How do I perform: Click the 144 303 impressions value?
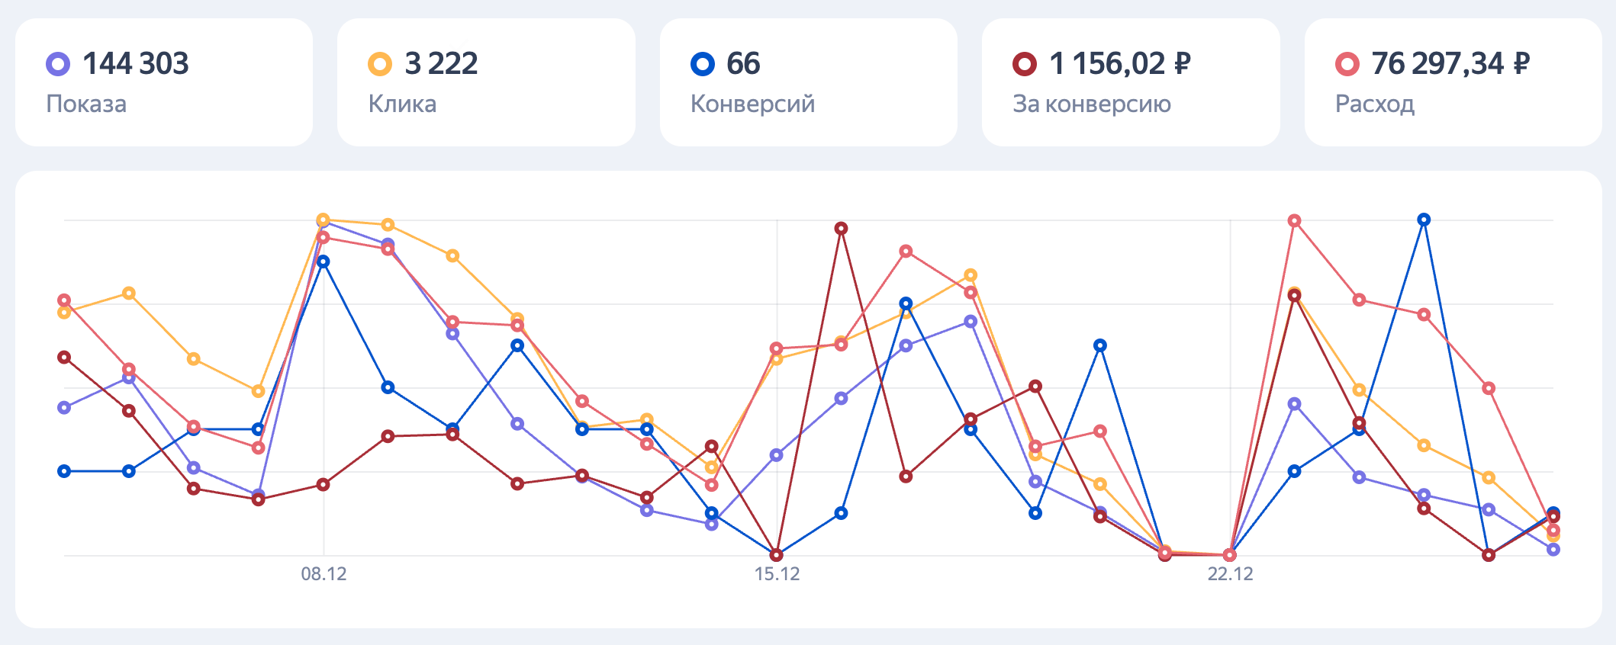click(x=135, y=64)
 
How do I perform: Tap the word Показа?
click(x=86, y=104)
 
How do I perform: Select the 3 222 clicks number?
click(x=441, y=64)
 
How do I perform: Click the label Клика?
click(x=402, y=104)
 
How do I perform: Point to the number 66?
click(x=743, y=64)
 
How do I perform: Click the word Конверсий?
click(x=752, y=104)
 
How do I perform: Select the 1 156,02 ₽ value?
click(x=1119, y=64)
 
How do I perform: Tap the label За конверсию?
click(x=1091, y=104)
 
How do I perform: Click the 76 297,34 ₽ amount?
click(x=1450, y=64)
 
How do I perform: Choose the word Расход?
click(x=1374, y=104)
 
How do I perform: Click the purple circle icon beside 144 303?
click(x=58, y=64)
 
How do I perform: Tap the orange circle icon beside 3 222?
click(x=380, y=64)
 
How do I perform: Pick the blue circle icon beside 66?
click(x=702, y=64)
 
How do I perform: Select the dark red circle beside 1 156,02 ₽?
click(x=1024, y=64)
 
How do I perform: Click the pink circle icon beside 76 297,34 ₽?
click(x=1347, y=64)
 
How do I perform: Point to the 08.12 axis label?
click(x=324, y=574)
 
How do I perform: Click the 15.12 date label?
click(x=777, y=574)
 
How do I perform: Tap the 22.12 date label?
click(x=1230, y=574)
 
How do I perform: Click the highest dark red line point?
click(x=841, y=229)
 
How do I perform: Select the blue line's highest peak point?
click(x=1424, y=220)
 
